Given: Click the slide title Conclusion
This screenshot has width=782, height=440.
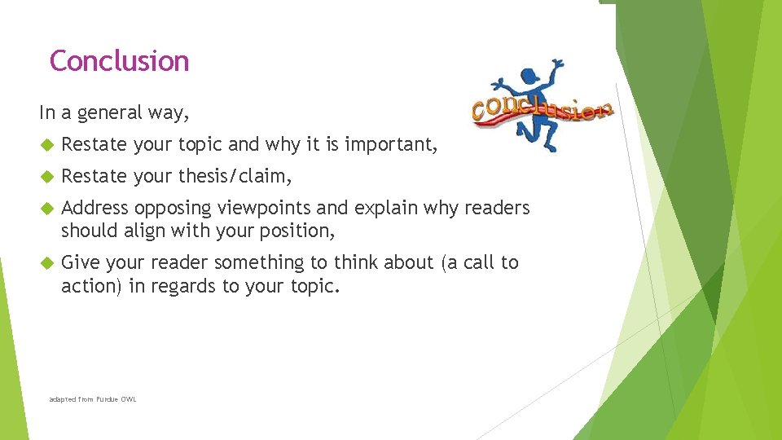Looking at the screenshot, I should [119, 61].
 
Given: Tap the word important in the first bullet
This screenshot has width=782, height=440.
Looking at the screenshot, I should [391, 145].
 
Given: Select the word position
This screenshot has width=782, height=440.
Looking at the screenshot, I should [298, 231].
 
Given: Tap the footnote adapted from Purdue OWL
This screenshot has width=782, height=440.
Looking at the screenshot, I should [92, 399].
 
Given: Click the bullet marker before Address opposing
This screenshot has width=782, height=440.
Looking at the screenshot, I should [46, 209].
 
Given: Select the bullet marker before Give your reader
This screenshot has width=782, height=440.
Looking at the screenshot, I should [46, 263].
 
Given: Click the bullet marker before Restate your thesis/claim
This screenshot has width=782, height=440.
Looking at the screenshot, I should [46, 177].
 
